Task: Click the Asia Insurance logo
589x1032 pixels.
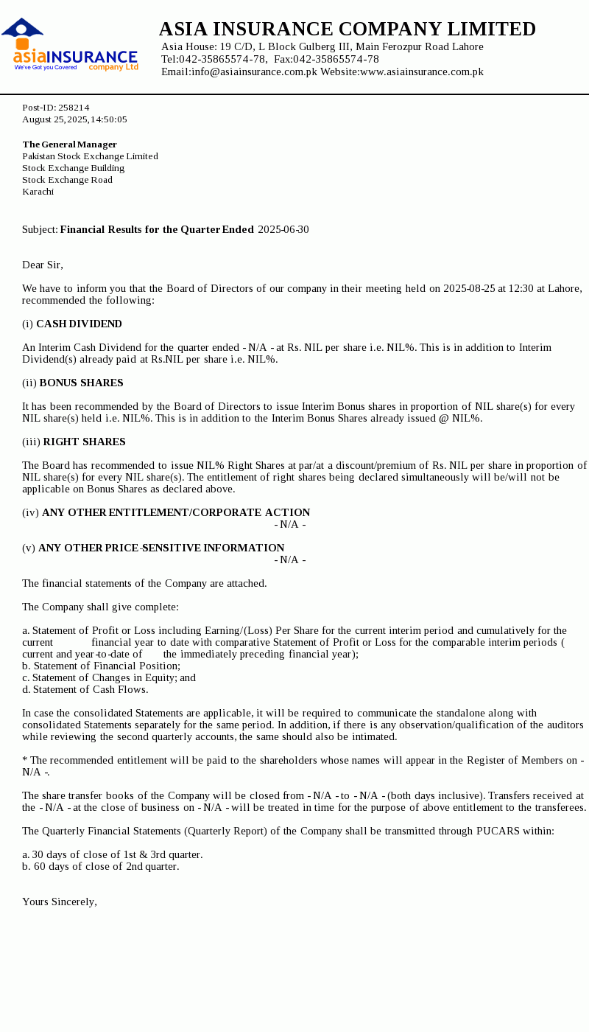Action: click(x=70, y=46)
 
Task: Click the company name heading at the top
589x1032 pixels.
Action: click(x=347, y=29)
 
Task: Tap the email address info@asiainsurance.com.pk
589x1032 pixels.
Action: click(x=254, y=72)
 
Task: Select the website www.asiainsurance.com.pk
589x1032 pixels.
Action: click(x=421, y=72)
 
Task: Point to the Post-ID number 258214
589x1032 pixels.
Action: click(x=74, y=108)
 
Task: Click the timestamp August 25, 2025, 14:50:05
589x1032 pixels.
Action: click(x=74, y=119)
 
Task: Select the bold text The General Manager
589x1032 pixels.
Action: click(x=69, y=144)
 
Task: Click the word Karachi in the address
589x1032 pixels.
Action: click(x=38, y=192)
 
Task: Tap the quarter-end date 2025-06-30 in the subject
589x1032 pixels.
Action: click(x=283, y=230)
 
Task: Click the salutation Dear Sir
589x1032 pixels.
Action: click(x=43, y=265)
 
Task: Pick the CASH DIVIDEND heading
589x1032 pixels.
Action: click(x=79, y=324)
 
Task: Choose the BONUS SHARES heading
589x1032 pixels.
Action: click(x=81, y=383)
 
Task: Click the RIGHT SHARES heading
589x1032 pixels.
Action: click(x=84, y=442)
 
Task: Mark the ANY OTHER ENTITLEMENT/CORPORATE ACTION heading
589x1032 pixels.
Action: click(x=176, y=513)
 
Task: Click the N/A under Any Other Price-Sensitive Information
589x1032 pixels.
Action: click(x=290, y=560)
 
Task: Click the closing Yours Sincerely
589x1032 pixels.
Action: click(x=60, y=902)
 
